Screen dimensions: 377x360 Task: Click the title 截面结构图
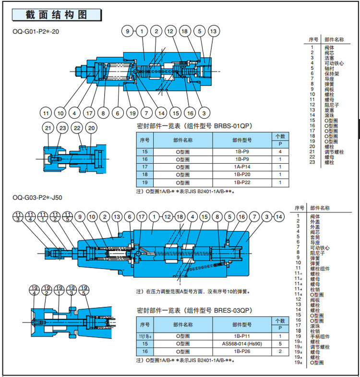coord(57,15)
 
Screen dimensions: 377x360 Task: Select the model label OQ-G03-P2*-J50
coord(37,197)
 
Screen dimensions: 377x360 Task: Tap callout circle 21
coord(48,128)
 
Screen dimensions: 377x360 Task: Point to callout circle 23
coord(62,128)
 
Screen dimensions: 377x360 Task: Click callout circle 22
coord(77,128)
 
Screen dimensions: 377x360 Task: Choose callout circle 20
coord(92,128)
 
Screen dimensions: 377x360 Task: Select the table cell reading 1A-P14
coord(241,167)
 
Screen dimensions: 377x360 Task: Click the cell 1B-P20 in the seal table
coord(241,175)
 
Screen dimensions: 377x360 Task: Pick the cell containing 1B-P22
coord(241,183)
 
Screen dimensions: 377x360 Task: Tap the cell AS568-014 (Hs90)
coord(241,344)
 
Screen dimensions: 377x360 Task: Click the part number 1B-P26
coord(241,352)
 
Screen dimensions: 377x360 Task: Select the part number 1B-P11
coord(241,336)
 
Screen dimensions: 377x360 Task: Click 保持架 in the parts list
coord(332,73)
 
